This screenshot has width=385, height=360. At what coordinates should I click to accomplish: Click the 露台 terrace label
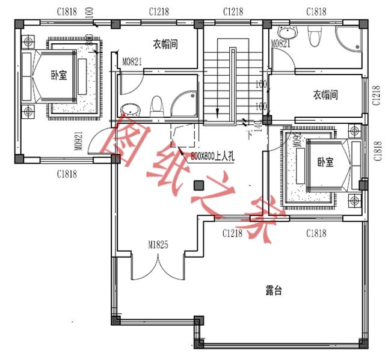click(x=274, y=291)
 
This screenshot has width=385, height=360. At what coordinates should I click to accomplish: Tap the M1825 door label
click(x=158, y=245)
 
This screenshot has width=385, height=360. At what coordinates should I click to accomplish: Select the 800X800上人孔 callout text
click(x=215, y=156)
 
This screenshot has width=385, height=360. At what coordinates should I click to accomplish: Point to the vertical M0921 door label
click(x=78, y=141)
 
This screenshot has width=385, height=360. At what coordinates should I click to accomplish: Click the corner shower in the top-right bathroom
click(x=348, y=41)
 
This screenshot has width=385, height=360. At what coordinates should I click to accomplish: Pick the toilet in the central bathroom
click(x=156, y=105)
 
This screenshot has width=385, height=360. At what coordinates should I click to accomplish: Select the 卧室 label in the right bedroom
click(x=325, y=163)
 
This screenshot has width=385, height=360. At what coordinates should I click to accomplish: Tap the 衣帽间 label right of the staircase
click(x=325, y=95)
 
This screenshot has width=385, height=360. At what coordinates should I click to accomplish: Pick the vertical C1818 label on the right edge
click(x=377, y=151)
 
